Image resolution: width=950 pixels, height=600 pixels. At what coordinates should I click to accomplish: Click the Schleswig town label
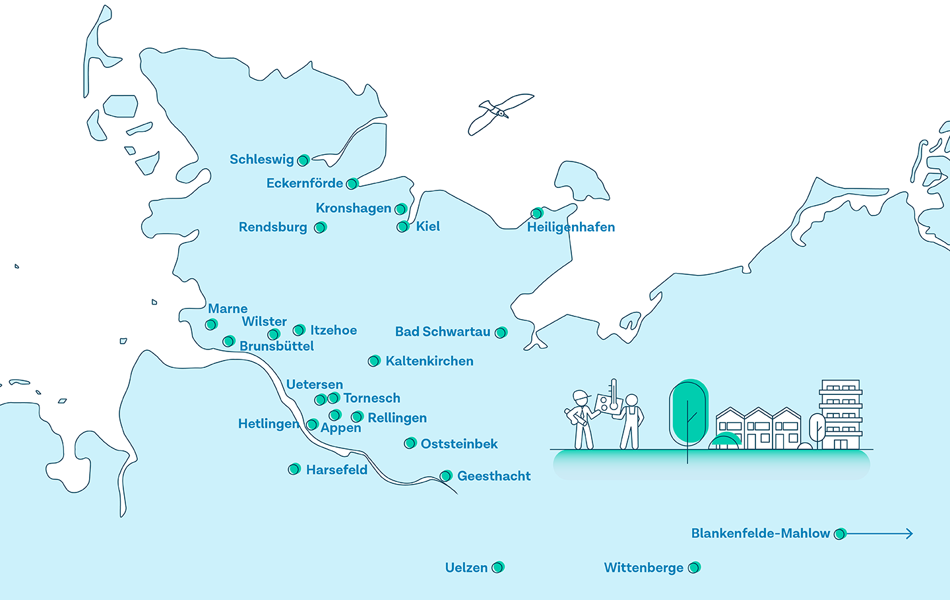click(261, 160)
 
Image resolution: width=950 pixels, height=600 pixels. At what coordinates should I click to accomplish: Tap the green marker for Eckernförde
click(352, 183)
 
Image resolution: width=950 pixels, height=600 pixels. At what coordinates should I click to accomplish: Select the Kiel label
click(427, 227)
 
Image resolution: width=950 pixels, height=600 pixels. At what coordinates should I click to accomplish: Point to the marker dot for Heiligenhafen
click(537, 213)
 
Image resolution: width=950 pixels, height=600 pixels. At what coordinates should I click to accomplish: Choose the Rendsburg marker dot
click(320, 227)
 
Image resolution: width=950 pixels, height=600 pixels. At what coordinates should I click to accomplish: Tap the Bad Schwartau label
click(443, 332)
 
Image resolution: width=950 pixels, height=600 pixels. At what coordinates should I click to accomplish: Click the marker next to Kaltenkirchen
click(374, 361)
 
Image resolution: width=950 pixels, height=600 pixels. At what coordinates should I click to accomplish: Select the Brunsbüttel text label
click(276, 346)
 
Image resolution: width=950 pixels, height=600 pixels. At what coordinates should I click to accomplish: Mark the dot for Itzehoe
click(299, 330)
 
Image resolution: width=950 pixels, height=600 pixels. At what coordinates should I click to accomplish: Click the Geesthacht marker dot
click(446, 476)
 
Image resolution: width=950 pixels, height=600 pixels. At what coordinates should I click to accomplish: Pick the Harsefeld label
click(336, 470)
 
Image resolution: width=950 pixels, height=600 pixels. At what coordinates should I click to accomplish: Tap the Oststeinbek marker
click(410, 443)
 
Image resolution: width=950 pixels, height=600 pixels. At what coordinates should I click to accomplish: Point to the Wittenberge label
click(643, 568)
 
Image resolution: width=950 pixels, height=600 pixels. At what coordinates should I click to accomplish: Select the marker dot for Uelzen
click(498, 567)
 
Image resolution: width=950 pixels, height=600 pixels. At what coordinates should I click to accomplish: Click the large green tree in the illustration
click(688, 412)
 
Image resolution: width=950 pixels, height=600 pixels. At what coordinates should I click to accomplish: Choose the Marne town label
click(228, 309)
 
